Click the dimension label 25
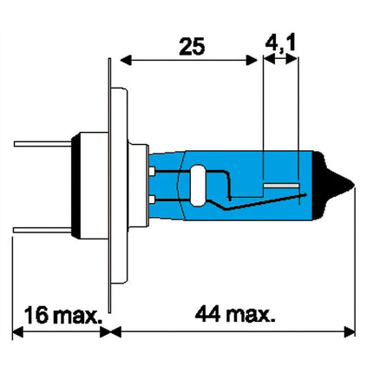pyautogui.click(x=192, y=46)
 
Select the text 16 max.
pyautogui.click(x=63, y=315)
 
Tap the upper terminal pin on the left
pyautogui.click(x=43, y=144)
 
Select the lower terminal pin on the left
pyautogui.click(x=43, y=230)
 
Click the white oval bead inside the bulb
pyautogui.click(x=198, y=186)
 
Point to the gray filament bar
pyautogui.click(x=281, y=186)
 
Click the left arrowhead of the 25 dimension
pyautogui.click(x=126, y=61)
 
